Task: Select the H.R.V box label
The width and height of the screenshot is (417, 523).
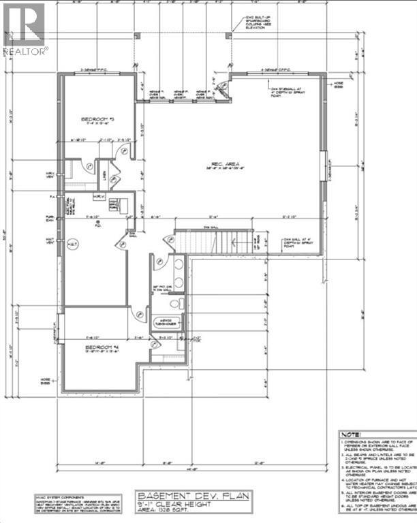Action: click(x=99, y=197)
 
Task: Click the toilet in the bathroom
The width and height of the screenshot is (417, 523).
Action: click(x=176, y=303)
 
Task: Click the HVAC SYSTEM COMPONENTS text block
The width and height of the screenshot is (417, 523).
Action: click(x=68, y=502)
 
